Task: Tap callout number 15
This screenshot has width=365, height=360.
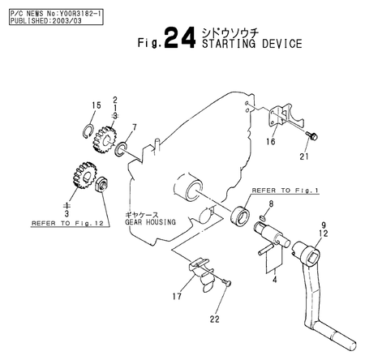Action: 95,105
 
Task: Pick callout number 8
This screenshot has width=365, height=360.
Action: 271,204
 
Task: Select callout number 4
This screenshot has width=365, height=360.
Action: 275,280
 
